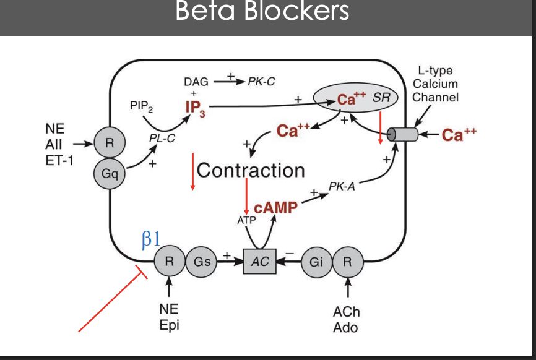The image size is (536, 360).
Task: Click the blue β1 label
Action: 151,241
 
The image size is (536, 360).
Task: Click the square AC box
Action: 260,262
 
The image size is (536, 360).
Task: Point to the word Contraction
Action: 251,170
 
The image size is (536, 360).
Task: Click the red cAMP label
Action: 275,208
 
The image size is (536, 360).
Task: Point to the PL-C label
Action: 162,140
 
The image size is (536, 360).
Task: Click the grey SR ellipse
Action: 355,100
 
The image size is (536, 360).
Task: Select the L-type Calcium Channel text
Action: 435,84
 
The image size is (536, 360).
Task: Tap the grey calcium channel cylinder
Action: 400,134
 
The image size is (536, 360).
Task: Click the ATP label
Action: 246,220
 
